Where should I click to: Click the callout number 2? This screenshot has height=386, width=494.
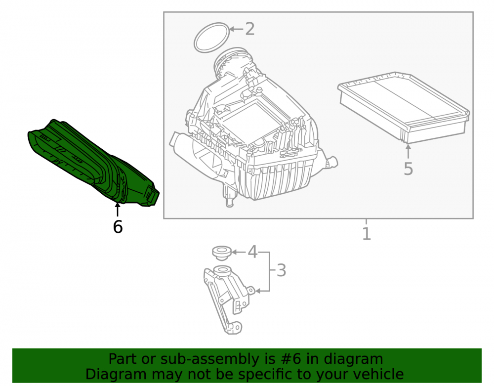click(x=249, y=29)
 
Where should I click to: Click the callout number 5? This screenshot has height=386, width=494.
click(x=409, y=169)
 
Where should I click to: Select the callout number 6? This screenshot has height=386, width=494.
click(x=118, y=227)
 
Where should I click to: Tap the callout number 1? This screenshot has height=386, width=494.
click(x=367, y=234)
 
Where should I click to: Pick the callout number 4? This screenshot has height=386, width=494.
click(x=252, y=252)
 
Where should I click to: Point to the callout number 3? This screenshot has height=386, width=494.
click(x=282, y=271)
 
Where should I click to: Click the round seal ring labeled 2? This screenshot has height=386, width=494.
click(x=211, y=38)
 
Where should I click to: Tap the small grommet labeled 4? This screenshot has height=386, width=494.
click(x=221, y=253)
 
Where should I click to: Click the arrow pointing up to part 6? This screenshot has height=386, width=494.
click(x=118, y=210)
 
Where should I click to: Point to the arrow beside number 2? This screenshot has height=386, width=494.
click(x=236, y=29)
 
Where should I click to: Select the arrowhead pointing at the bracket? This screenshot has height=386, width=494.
click(x=257, y=291)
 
